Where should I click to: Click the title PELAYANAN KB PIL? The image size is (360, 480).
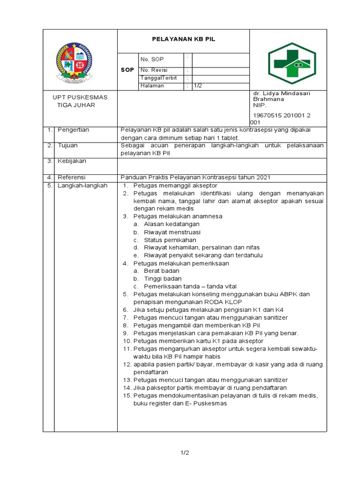click(183, 40)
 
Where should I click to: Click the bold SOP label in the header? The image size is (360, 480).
click(127, 69)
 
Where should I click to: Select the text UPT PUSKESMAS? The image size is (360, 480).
click(80, 97)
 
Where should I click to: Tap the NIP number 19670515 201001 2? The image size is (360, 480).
click(282, 115)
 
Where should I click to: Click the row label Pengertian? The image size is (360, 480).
click(73, 130)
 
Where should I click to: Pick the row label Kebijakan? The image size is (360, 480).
click(72, 161)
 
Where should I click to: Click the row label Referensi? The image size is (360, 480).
click(72, 177)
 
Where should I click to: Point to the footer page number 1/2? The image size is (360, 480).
click(185, 453)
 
